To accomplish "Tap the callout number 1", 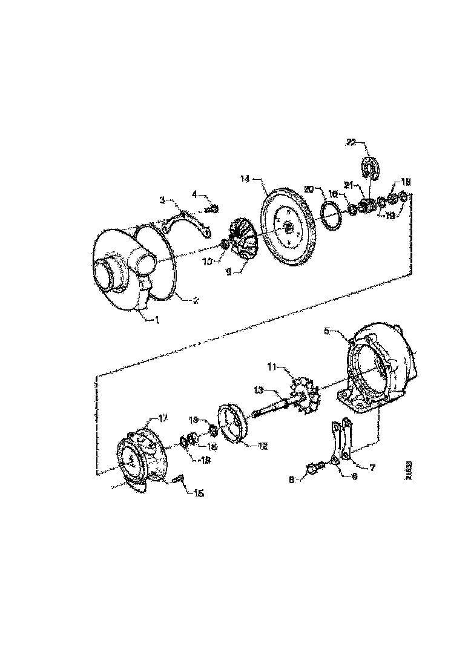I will coord(156,320).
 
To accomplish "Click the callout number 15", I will coord(198,493).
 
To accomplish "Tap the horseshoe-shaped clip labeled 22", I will coord(370,168).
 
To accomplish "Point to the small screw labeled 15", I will coord(179,480).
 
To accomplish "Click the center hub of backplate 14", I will coord(287,228).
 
